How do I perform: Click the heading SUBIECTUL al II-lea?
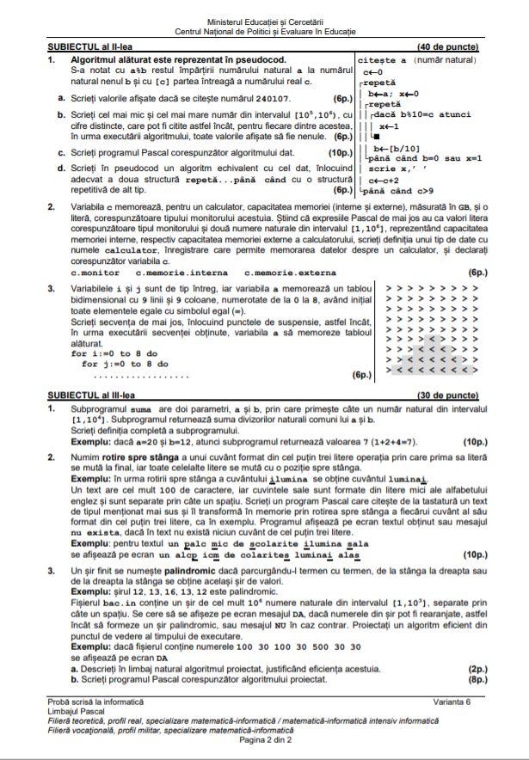[x=88, y=45]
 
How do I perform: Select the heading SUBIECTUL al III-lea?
[x=89, y=394]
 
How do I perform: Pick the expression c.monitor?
[x=95, y=272]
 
